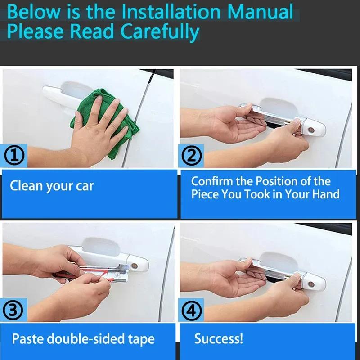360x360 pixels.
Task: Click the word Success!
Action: click(218, 338)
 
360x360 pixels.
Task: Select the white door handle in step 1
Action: click(58, 93)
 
